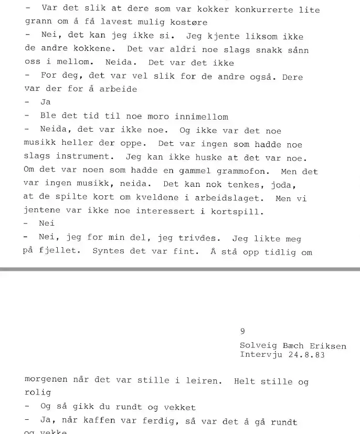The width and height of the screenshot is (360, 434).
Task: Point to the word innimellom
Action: pos(202,117)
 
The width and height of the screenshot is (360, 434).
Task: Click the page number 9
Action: pos(242,331)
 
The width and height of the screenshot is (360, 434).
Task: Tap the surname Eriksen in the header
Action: pos(327,346)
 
